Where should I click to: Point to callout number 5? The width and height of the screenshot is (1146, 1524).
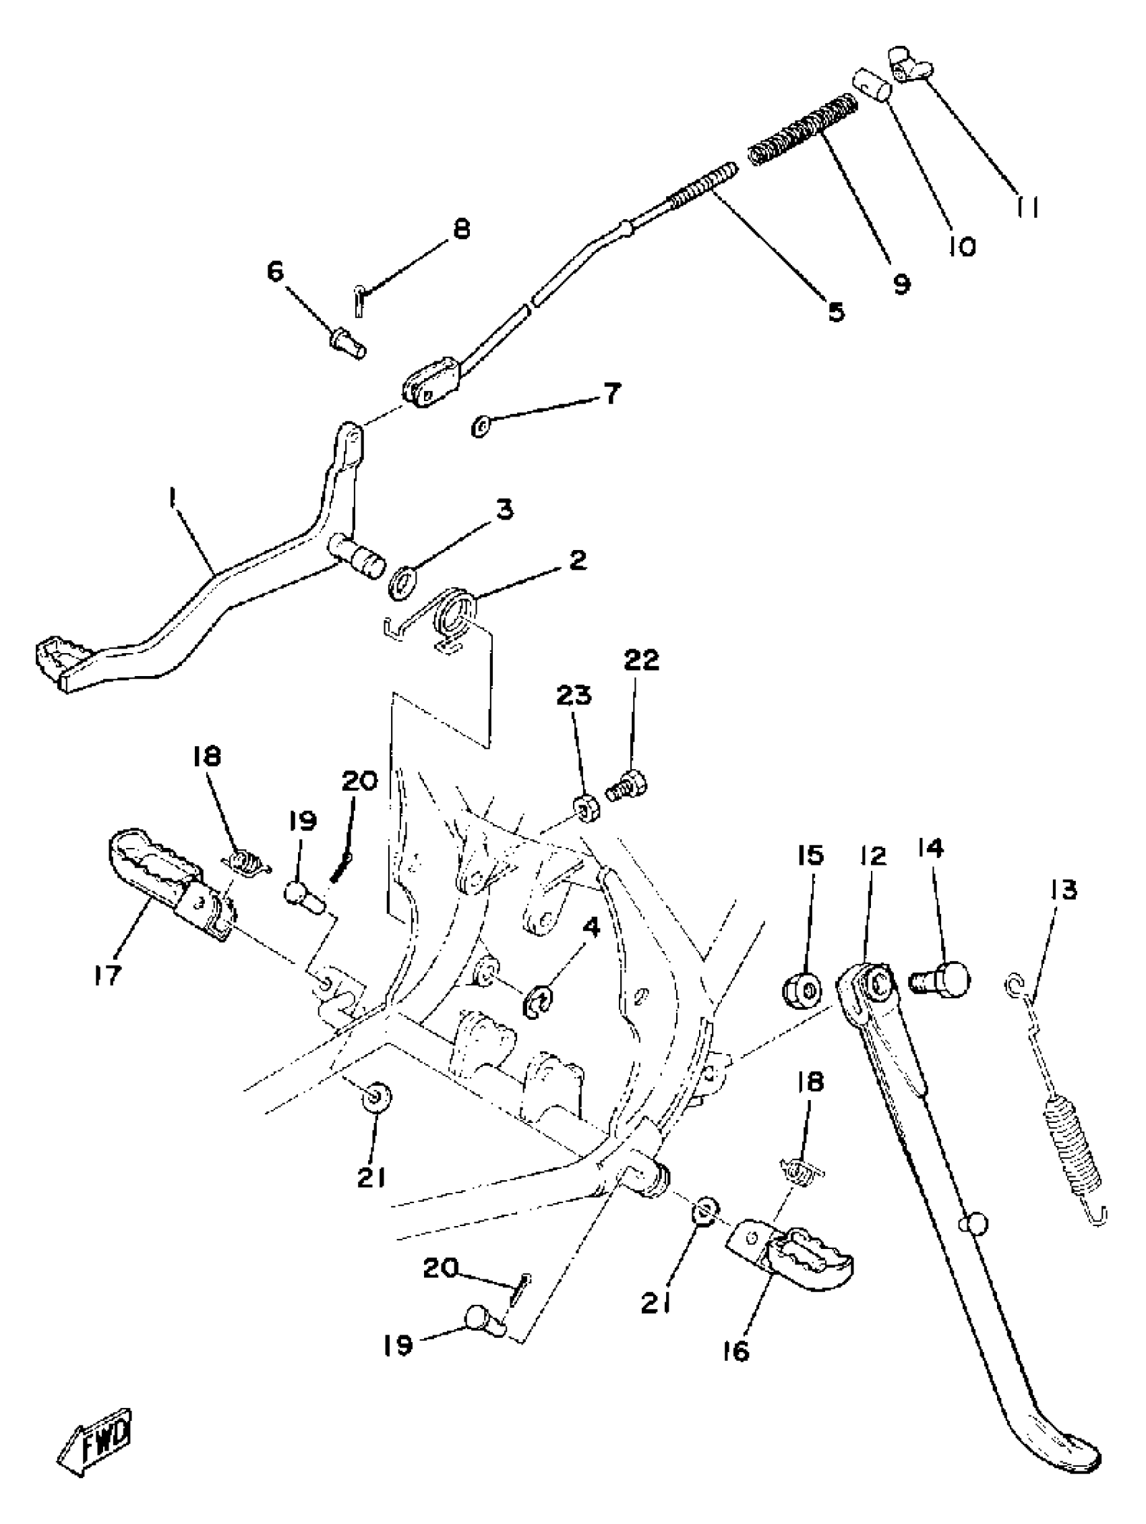pyautogui.click(x=835, y=311)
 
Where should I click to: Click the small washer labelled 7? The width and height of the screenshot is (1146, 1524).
pyautogui.click(x=478, y=428)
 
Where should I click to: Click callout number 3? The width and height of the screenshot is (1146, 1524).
pyautogui.click(x=505, y=510)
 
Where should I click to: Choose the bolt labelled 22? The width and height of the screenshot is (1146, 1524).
pyautogui.click(x=628, y=785)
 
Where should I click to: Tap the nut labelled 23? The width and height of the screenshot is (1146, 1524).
pyautogui.click(x=586, y=808)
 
